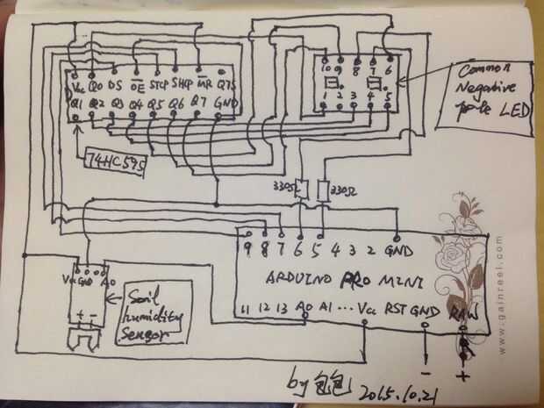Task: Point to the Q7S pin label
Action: (227, 86)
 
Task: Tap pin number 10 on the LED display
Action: (329, 68)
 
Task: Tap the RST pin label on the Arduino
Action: (396, 309)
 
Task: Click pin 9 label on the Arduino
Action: (251, 250)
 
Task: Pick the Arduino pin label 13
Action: (281, 309)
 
